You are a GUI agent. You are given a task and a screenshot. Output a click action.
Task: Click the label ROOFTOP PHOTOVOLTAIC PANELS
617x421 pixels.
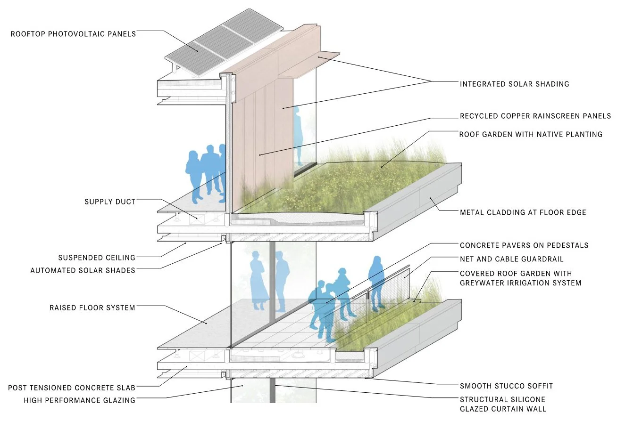pos(74,33)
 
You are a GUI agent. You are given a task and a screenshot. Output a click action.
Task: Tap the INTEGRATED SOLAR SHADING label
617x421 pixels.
pos(514,84)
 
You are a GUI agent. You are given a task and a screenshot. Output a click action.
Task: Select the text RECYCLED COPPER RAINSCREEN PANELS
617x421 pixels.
pos(535,116)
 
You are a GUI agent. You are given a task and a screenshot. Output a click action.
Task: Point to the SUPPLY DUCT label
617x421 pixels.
pos(110,202)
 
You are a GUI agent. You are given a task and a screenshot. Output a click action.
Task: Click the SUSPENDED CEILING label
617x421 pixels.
pos(97,258)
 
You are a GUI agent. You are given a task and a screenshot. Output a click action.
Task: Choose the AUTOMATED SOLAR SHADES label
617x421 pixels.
pos(83,270)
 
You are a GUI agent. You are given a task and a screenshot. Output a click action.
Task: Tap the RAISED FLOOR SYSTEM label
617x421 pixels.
pos(92,308)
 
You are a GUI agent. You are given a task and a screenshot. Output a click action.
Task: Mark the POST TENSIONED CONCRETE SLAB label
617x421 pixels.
pos(72,388)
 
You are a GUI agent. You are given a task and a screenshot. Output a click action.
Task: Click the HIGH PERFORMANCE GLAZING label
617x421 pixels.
pos(79,400)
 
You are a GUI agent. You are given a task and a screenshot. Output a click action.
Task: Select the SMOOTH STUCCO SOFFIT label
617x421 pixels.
pos(506,386)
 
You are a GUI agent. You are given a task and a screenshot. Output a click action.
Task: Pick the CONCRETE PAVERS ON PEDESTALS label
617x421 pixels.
pos(524,245)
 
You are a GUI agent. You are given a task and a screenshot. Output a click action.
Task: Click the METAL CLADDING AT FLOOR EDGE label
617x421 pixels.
pos(523,212)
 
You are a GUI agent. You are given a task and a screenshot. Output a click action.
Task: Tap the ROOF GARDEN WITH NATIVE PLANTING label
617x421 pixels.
pos(531,134)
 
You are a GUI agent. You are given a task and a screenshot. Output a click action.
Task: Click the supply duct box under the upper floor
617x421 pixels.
pos(196,219)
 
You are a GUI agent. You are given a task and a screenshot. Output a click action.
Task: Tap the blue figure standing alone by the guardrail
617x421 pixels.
pos(376,282)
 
